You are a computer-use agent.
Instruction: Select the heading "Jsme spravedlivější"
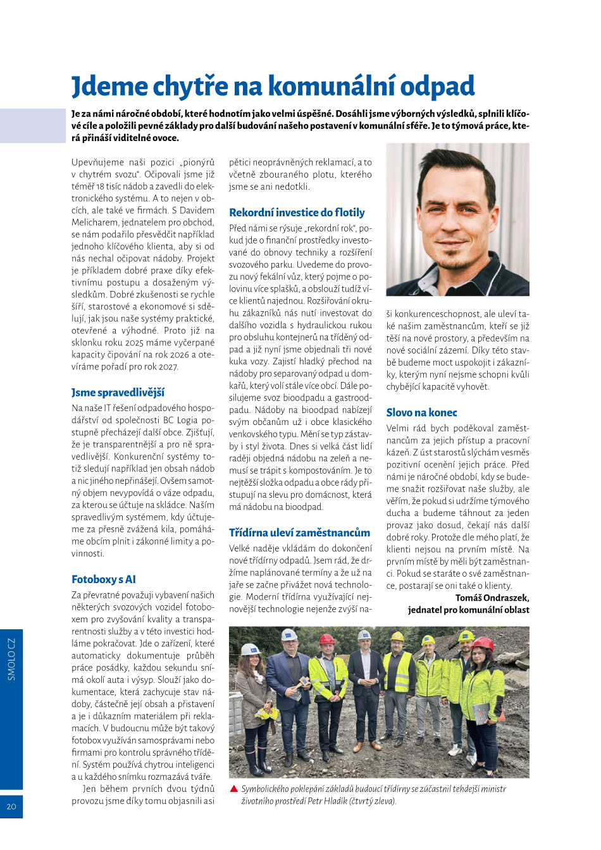click(x=118, y=393)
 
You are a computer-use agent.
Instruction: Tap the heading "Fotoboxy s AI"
click(x=104, y=579)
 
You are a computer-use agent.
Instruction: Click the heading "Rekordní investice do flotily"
click(x=297, y=212)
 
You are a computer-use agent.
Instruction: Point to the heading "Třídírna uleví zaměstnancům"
click(x=299, y=533)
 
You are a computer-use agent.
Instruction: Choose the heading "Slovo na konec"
click(x=421, y=412)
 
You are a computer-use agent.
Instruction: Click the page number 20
click(x=11, y=806)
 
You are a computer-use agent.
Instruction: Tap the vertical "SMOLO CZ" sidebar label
click(x=11, y=659)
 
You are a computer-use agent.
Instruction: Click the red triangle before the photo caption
click(x=233, y=789)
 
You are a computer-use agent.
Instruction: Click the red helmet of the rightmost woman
click(x=483, y=644)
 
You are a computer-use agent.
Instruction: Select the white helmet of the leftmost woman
click(x=251, y=650)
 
